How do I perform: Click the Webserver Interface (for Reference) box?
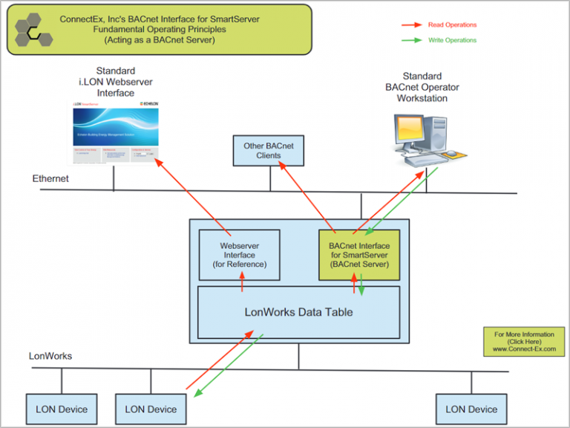pyautogui.click(x=239, y=254)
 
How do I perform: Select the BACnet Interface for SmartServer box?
pyautogui.click(x=359, y=254)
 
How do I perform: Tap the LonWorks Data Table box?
pyautogui.click(x=298, y=311)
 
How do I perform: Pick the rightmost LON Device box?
pyautogui.click(x=471, y=409)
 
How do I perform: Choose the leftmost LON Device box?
pyautogui.click(x=62, y=409)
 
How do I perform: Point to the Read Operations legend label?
pyautogui.click(x=452, y=25)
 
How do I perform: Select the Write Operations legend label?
pyautogui.click(x=452, y=40)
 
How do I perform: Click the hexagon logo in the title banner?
pyautogui.click(x=33, y=30)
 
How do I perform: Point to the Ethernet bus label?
pyautogui.click(x=50, y=179)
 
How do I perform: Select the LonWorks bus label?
pyautogui.click(x=50, y=356)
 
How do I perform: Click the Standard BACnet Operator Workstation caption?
pyautogui.click(x=422, y=87)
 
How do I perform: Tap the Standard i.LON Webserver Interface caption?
pyautogui.click(x=115, y=82)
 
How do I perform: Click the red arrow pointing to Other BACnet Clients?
pyautogui.click(x=304, y=193)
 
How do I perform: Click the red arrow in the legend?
pyautogui.click(x=413, y=25)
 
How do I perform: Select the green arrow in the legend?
pyautogui.click(x=413, y=40)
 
